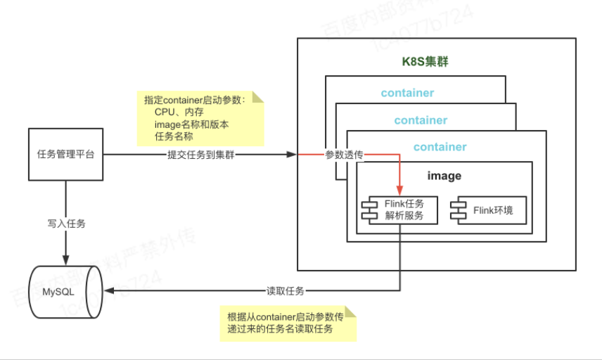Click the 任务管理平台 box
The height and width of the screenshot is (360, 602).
pos(65,154)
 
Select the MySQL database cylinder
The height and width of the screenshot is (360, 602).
pos(65,291)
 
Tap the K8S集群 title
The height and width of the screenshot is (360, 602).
pos(425,62)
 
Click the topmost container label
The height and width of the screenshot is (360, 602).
pos(407,93)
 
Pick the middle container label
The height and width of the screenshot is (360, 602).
pos(421,120)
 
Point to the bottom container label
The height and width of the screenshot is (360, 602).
pos(440,147)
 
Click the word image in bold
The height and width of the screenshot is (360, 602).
pos(444,175)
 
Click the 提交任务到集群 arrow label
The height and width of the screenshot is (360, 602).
pos(200,155)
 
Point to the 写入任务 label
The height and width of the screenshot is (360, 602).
pos(66,224)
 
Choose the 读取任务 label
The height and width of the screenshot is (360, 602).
pos(285,290)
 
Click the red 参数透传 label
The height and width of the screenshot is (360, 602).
pos(344,155)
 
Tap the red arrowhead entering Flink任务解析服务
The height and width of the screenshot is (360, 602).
pos(400,191)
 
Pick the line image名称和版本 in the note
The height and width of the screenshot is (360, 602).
pos(191,124)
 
